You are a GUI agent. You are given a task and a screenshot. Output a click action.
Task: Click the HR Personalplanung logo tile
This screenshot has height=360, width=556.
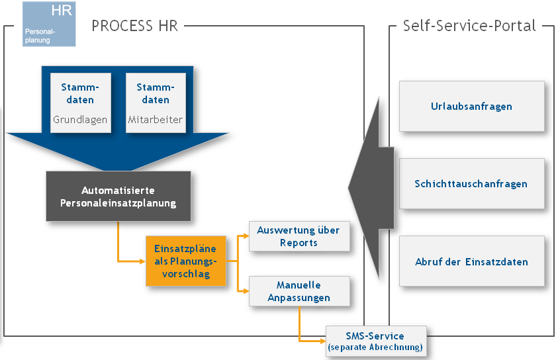49,24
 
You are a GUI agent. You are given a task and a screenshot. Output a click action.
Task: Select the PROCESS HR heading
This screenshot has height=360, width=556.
134,26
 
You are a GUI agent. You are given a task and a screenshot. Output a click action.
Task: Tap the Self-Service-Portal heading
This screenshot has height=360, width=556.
469,26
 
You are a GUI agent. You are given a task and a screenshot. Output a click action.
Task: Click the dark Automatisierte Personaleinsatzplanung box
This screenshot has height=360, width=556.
118,197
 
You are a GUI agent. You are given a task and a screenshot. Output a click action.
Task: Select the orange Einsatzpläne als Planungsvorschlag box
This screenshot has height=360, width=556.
186,261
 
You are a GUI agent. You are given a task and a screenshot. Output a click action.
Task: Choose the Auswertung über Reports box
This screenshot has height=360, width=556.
299,236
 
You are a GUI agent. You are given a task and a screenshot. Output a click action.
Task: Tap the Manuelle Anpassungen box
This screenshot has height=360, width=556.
299,292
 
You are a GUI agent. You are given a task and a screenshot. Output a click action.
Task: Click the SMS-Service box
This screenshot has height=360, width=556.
375,341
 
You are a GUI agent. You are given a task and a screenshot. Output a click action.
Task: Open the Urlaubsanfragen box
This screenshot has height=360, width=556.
471,106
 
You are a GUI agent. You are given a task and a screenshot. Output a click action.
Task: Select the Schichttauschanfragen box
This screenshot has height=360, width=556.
471,183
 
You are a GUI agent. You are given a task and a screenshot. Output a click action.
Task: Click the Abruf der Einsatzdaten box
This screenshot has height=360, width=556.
471,261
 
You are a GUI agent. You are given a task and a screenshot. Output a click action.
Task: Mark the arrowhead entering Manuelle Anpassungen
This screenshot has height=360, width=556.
246,291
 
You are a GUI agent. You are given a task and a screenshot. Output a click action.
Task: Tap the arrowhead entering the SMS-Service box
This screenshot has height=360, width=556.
323,341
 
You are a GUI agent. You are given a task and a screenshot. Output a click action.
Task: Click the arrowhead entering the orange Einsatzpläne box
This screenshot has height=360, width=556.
142,261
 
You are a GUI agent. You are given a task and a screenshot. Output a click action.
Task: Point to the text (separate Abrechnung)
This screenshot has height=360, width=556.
375,347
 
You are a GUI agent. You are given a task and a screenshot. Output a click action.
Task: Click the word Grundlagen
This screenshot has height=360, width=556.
80,120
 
